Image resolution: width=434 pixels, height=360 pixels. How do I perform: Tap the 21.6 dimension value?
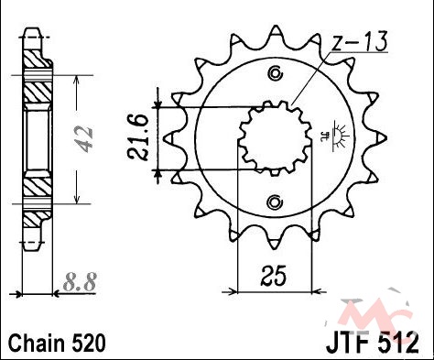pyautogui.click(x=138, y=138)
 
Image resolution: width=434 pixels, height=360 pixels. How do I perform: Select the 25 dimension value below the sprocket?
pyautogui.click(x=274, y=276)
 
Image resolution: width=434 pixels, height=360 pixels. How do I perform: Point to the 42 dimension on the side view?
pyautogui.click(x=84, y=139)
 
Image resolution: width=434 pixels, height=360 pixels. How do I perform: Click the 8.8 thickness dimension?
pyautogui.click(x=80, y=281)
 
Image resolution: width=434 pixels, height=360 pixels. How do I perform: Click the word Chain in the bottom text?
pyautogui.click(x=37, y=343)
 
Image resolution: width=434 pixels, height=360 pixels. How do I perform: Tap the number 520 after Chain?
pyautogui.click(x=89, y=343)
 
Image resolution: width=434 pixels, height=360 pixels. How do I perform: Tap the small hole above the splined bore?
pyautogui.click(x=276, y=73)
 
